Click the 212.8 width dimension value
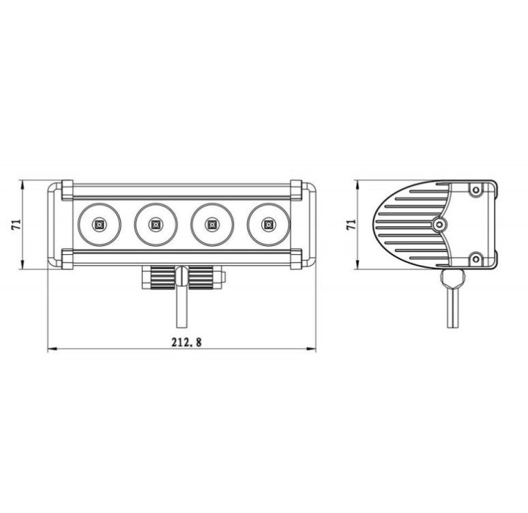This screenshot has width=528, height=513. (x=186, y=342)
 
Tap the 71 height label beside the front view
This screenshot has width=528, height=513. (x=16, y=224)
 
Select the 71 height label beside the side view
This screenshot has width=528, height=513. (x=351, y=224)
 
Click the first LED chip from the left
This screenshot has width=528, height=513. (x=99, y=224)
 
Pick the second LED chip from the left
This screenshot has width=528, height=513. (x=156, y=224)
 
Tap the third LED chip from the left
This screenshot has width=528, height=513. (x=211, y=224)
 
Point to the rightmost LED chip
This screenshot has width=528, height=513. (x=268, y=224)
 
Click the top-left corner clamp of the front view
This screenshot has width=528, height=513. (x=67, y=190)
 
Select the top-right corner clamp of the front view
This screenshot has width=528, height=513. (x=296, y=190)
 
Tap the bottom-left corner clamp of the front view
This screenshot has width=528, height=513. (x=67, y=259)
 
